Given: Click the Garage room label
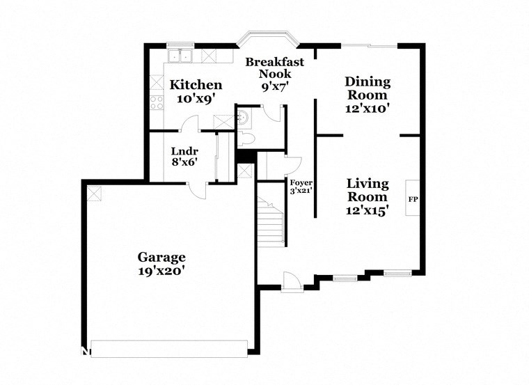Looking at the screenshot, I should (x=161, y=256).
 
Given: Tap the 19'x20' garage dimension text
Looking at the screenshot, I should (x=161, y=271).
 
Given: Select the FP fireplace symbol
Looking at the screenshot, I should (x=412, y=199).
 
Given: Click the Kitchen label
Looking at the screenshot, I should (x=196, y=85).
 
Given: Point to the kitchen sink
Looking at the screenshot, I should (x=180, y=55).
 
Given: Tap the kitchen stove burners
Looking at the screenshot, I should (x=157, y=102).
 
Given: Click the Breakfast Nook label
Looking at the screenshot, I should (x=274, y=68).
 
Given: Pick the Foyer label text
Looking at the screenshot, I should (x=301, y=183).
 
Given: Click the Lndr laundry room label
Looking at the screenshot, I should (x=184, y=152).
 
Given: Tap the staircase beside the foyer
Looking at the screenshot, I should (x=272, y=221).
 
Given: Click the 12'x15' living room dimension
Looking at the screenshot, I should (x=368, y=210).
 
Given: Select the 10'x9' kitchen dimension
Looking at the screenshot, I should (x=196, y=99).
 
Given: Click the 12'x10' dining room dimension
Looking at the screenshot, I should (x=368, y=108).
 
